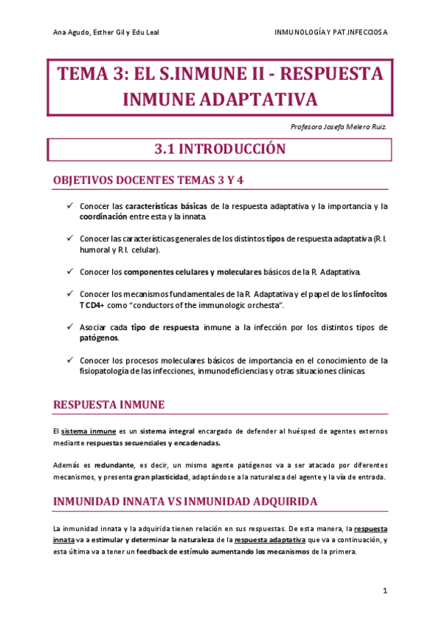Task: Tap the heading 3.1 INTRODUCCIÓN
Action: [219, 149]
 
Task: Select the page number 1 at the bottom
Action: [385, 590]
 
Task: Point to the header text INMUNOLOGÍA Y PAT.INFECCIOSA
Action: [331, 32]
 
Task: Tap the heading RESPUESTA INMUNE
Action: [109, 404]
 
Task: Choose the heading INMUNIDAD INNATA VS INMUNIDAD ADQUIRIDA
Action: [185, 501]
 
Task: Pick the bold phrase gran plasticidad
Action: [155, 478]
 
